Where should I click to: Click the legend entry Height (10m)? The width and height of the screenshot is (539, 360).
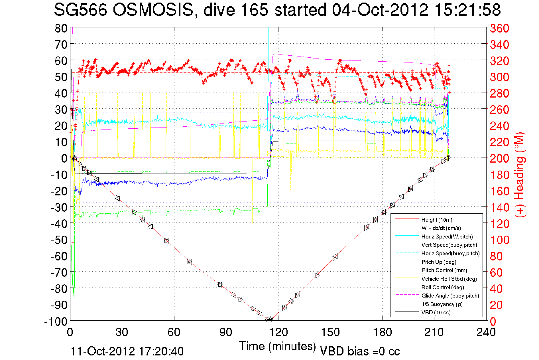pyautogui.click(x=437, y=220)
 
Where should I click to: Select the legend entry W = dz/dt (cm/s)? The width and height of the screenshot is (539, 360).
pyautogui.click(x=441, y=228)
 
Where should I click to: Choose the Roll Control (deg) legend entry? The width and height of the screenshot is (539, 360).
pyautogui.click(x=442, y=287)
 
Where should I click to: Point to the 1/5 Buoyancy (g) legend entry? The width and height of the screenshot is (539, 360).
pyautogui.click(x=442, y=304)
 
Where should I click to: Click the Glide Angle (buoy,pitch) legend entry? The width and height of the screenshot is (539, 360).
pyautogui.click(x=450, y=296)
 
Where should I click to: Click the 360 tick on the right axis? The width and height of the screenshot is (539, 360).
pyautogui.click(x=499, y=29)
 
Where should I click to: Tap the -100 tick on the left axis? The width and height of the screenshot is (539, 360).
pyautogui.click(x=56, y=321)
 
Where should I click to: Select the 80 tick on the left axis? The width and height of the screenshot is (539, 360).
pyautogui.click(x=61, y=29)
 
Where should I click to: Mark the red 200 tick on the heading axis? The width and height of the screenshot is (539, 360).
pyautogui.click(x=499, y=159)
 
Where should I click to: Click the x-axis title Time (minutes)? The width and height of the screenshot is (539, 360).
pyautogui.click(x=277, y=346)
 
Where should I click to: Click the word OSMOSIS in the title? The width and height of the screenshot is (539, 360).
pyautogui.click(x=153, y=10)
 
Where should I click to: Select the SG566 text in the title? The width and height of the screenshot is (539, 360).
pyautogui.click(x=81, y=10)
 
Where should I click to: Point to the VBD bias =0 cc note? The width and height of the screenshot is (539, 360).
pyautogui.click(x=360, y=351)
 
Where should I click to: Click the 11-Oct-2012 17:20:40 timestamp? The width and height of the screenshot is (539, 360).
pyautogui.click(x=127, y=351)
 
